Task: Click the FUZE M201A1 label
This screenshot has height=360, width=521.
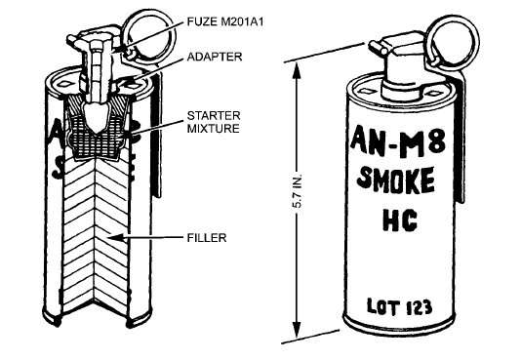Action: tap(225, 21)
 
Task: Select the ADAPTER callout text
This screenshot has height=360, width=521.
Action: tap(215, 57)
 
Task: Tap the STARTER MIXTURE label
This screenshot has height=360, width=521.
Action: tap(214, 122)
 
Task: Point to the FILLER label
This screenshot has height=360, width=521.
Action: tap(207, 238)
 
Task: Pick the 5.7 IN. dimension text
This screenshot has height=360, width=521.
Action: tap(298, 191)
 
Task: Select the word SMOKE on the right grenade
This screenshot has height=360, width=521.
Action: tap(396, 181)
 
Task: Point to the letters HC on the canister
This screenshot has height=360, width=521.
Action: tap(400, 220)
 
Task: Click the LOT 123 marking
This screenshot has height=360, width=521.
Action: tap(399, 307)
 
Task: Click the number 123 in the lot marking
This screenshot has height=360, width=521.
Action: tap(419, 307)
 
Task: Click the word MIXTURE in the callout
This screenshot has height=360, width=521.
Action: tap(214, 128)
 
